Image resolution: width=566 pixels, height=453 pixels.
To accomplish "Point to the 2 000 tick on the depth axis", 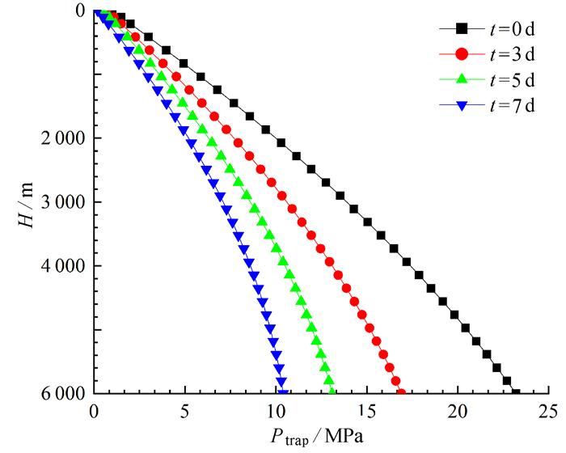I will (x=63, y=138).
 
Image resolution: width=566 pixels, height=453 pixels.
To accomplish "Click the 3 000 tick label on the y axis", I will (x=63, y=202).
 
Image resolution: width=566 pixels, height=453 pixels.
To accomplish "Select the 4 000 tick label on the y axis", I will (x=63, y=266).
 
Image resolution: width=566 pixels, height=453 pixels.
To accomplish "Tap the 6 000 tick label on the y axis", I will (x=63, y=394).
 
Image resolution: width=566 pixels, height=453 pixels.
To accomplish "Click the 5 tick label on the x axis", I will (x=185, y=410).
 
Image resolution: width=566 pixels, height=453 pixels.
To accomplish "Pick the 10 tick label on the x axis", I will (x=276, y=410).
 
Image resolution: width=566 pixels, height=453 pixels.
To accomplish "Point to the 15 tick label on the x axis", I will (x=367, y=410).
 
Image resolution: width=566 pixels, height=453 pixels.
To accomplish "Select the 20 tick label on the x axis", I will (x=458, y=410).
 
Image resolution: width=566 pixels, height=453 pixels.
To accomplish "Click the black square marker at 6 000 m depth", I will (x=516, y=393).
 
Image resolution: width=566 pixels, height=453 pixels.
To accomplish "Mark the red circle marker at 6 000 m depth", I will (x=401, y=393).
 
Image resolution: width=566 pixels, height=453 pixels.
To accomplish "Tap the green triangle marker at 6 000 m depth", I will (x=332, y=392).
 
